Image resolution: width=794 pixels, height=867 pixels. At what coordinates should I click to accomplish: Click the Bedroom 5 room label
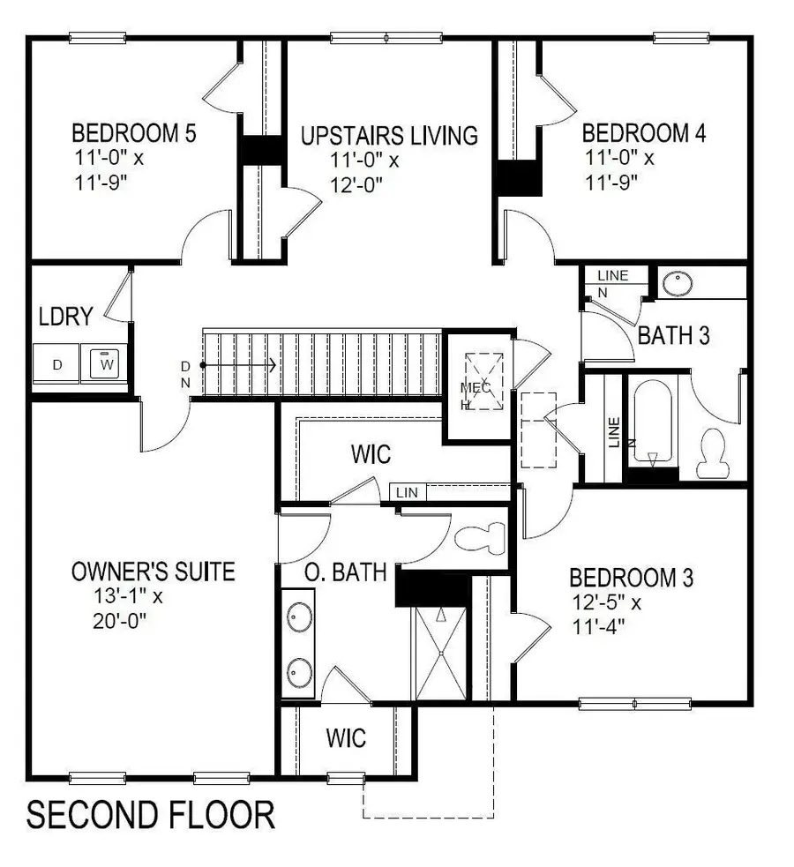pyautogui.click(x=133, y=134)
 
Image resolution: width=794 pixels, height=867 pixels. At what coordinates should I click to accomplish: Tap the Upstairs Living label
pyautogui.click(x=389, y=136)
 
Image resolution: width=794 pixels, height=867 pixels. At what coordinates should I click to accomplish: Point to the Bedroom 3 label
pyautogui.click(x=631, y=579)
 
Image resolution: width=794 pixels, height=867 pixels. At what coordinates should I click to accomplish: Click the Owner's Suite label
pyautogui.click(x=153, y=572)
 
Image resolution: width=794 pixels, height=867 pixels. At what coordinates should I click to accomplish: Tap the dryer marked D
pyautogui.click(x=56, y=364)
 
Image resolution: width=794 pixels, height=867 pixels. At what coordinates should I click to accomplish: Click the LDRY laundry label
pyautogui.click(x=65, y=317)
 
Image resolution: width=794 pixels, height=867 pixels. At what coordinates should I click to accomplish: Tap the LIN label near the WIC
pyautogui.click(x=407, y=492)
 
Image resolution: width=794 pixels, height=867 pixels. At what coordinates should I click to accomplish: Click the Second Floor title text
pyautogui.click(x=150, y=815)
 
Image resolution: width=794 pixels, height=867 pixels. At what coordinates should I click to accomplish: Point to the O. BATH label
pyautogui.click(x=346, y=572)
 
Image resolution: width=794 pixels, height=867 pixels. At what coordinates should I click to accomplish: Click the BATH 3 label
pyautogui.click(x=674, y=335)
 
